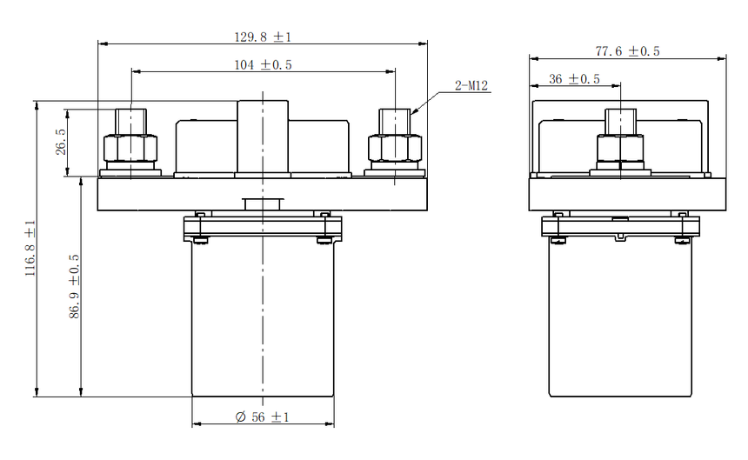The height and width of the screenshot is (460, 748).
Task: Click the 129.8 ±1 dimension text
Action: pyautogui.click(x=263, y=37)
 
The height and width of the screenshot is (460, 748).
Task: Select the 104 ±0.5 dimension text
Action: pyautogui.click(x=263, y=65)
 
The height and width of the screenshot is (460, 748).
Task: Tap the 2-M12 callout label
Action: pyautogui.click(x=471, y=85)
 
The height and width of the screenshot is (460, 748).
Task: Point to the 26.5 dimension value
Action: pyautogui.click(x=61, y=142)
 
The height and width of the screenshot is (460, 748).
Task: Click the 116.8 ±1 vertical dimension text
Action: pyautogui.click(x=30, y=249)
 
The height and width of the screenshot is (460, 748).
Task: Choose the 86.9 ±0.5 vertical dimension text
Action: pyautogui.click(x=74, y=286)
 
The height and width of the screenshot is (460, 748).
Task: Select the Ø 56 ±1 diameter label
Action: pyautogui.click(x=263, y=417)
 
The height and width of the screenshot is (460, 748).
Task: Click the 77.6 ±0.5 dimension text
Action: pyautogui.click(x=627, y=51)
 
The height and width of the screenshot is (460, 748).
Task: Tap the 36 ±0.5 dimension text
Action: pyautogui.click(x=574, y=79)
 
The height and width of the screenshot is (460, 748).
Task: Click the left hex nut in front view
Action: pyautogui.click(x=130, y=148)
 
